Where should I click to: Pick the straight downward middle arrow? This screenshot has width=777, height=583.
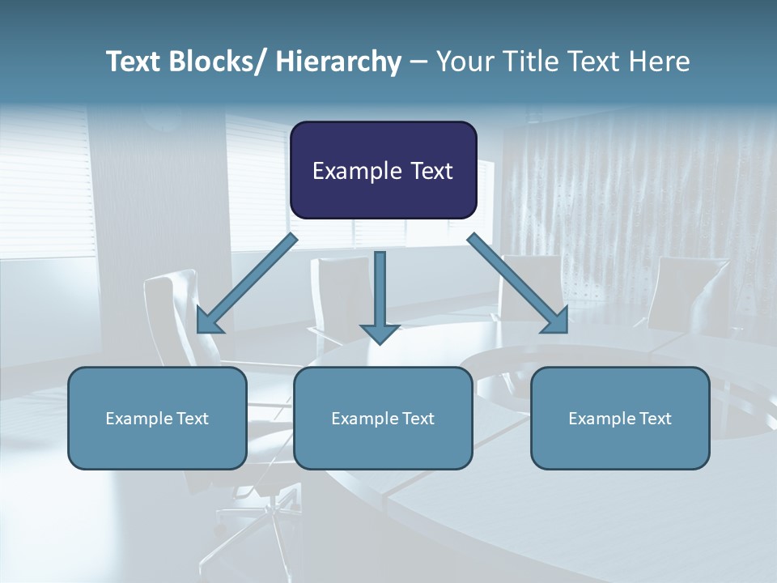[380, 296]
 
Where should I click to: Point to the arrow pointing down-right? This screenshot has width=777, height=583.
[518, 283]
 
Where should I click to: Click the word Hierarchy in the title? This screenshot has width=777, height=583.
[338, 62]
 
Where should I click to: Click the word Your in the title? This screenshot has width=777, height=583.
[465, 62]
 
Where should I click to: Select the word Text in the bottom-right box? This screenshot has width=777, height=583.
[654, 419]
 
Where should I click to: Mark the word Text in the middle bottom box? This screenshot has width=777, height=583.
[417, 419]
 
